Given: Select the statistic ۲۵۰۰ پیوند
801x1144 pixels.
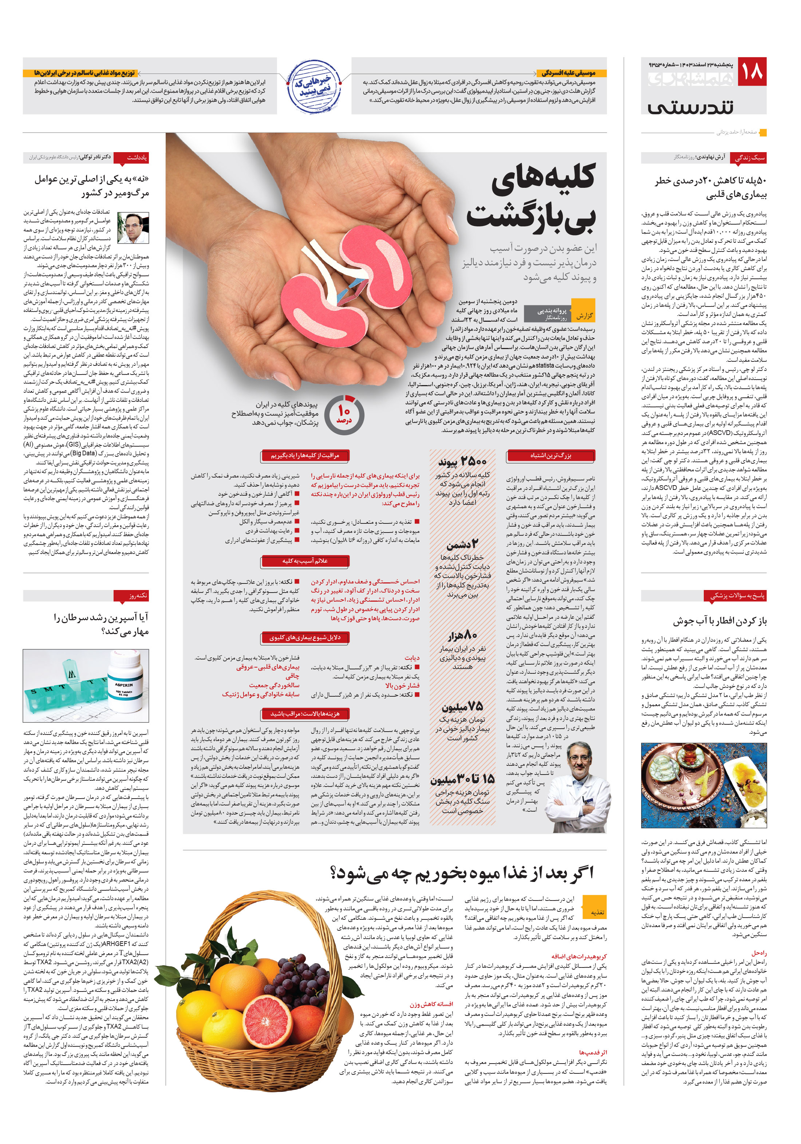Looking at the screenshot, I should [x=462, y=461].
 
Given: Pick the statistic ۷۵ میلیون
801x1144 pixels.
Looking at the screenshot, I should [x=462, y=706].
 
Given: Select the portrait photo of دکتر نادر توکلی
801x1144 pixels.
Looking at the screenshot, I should [x=133, y=228].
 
